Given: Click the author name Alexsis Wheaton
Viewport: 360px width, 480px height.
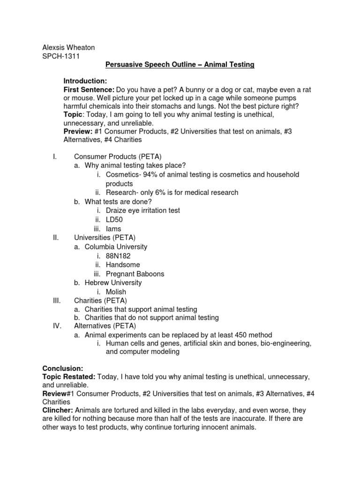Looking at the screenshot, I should [68, 47].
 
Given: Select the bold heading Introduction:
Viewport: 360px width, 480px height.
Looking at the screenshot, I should [85, 81].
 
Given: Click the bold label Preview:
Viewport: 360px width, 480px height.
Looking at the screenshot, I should [78, 131].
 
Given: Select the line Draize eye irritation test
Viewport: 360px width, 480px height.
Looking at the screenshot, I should [142, 211].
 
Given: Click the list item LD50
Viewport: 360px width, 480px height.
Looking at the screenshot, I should [115, 220].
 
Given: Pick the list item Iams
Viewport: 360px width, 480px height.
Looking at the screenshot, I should [113, 229].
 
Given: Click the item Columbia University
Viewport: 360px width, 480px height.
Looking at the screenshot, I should [116, 247].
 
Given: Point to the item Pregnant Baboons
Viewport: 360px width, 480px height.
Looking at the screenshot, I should [135, 274].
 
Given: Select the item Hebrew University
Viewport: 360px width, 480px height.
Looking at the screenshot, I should [113, 283].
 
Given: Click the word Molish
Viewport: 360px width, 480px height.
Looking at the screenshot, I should [116, 292].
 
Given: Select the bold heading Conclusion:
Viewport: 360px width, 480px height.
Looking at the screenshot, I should [62, 368].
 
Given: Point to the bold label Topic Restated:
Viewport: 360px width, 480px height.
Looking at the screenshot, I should [68, 377].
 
